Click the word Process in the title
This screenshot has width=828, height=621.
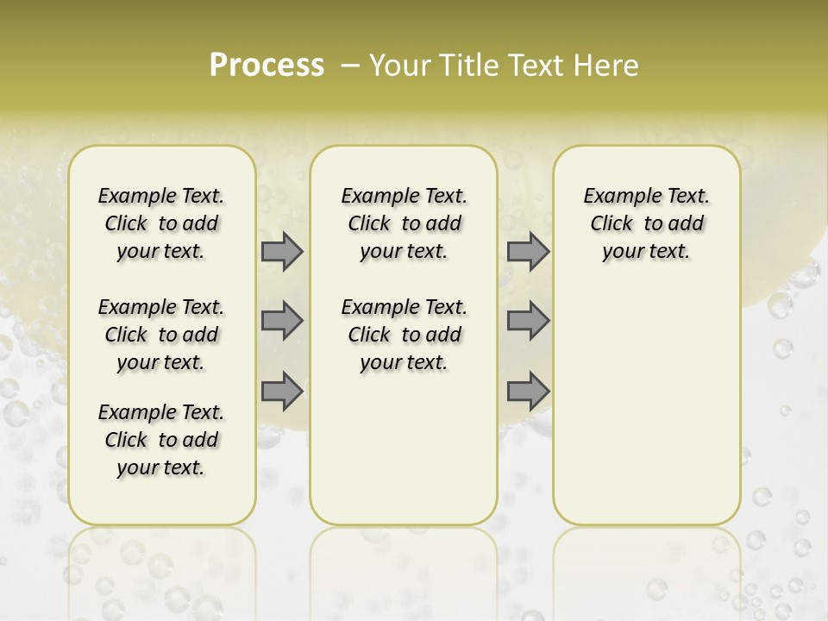point(267,66)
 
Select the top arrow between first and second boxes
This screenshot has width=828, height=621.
point(282,252)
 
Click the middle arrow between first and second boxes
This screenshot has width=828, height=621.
point(282,321)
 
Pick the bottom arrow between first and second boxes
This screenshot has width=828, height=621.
point(282,391)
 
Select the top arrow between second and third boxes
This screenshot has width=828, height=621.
point(528,252)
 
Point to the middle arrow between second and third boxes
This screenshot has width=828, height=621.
point(528,321)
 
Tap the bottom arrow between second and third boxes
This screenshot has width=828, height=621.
point(528,391)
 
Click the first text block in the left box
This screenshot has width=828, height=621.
point(161,223)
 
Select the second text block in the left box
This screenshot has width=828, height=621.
point(161,335)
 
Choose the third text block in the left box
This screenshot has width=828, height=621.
point(161,440)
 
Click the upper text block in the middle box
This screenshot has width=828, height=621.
point(405,223)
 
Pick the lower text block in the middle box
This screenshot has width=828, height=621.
point(405,335)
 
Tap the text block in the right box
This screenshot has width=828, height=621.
point(647,223)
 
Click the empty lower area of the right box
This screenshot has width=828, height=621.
point(647,405)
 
